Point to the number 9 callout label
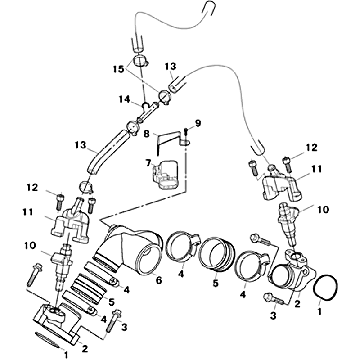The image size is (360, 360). point(198,123)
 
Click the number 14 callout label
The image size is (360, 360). point(124,99)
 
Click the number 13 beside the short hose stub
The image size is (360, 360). point(171,67)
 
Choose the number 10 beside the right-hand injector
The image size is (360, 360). point(323,209)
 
